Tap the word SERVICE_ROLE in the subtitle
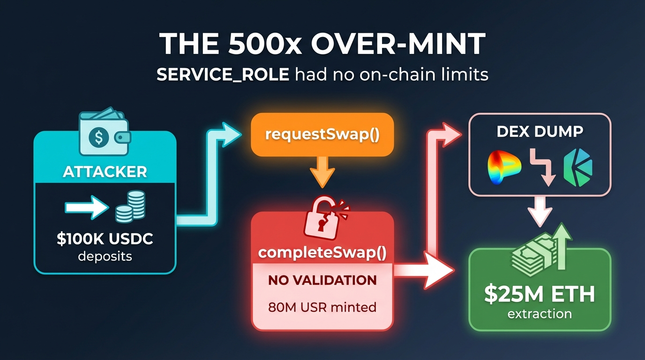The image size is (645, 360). point(222,75)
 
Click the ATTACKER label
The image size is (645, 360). point(105,171)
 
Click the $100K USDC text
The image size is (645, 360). point(105,239)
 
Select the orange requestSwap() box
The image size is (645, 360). point(322,135)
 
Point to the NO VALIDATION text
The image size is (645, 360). point(322,280)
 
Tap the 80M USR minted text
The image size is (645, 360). point(322,307)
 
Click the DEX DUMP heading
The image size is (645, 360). point(540,131)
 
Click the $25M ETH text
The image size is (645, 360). point(540,294)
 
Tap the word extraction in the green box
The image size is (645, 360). point(540,314)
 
